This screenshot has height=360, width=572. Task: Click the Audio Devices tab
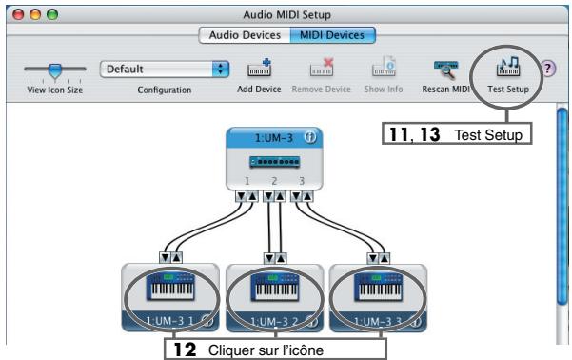pyautogui.click(x=239, y=35)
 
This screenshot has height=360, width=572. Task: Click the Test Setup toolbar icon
pyautogui.click(x=507, y=69)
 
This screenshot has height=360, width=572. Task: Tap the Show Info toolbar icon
pyautogui.click(x=381, y=69)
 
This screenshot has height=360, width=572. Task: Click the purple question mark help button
pyautogui.click(x=549, y=69)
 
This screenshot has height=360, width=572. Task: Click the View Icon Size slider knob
pyautogui.click(x=55, y=69)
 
